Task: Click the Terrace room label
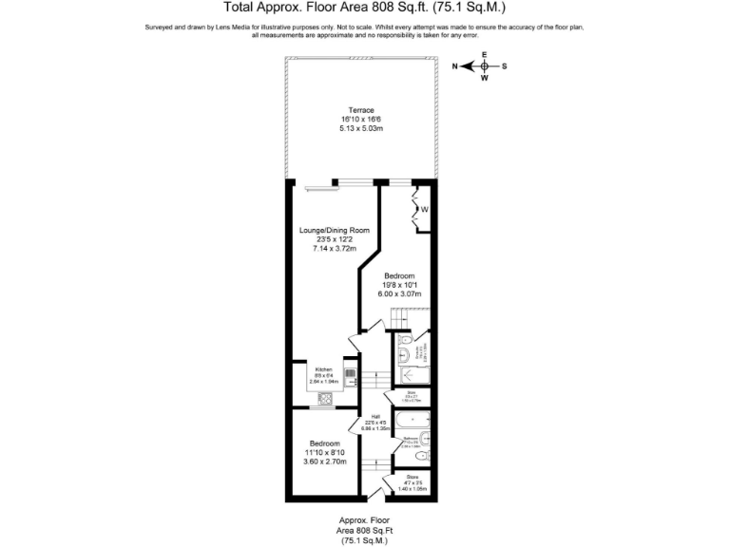tap(361, 110)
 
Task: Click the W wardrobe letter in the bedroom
tap(425, 210)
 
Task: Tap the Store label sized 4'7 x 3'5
tap(413, 477)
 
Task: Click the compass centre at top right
tap(484, 66)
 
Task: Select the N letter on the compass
tap(455, 66)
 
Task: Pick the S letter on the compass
tap(505, 66)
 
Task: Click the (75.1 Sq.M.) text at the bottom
tap(364, 540)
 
